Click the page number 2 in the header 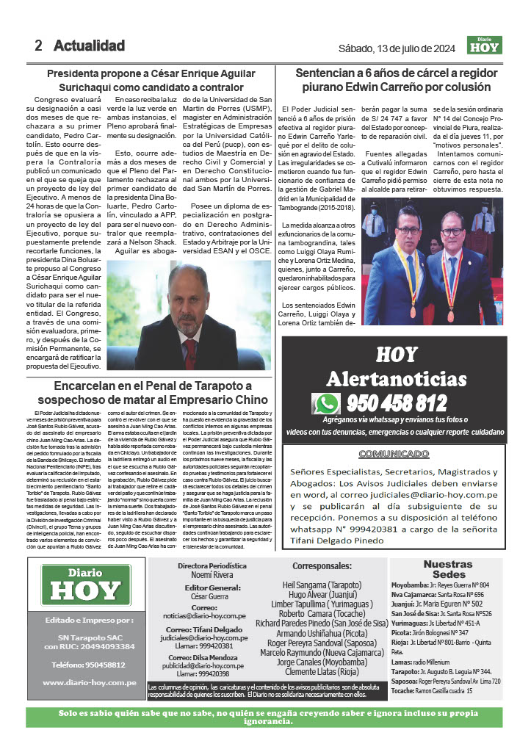coord(38,46)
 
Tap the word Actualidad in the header coord(89,46)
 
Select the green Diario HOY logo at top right coord(484,46)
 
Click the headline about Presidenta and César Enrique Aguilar coord(151,80)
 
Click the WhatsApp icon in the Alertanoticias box coord(325,404)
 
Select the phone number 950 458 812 coord(397,403)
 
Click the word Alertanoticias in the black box coord(397,379)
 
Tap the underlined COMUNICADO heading coord(394,454)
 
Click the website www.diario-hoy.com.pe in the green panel coord(90,682)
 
